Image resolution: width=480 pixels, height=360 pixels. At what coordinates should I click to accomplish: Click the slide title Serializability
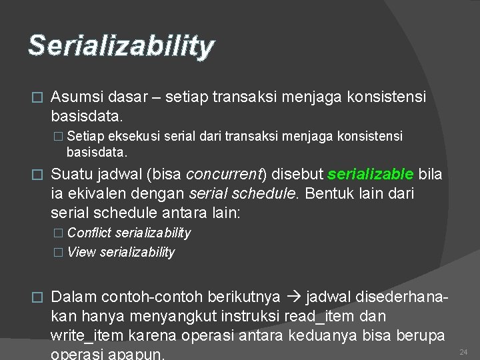point(121,46)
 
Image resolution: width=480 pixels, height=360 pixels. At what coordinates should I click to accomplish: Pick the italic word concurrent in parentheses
point(225,175)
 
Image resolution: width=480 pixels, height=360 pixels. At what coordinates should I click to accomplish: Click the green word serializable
point(370,175)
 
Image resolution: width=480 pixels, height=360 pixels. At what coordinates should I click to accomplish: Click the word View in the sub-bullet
point(81,252)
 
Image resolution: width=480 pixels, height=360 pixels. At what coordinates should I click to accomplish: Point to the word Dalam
point(73,296)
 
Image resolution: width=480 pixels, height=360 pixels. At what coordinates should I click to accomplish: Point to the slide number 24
point(465,351)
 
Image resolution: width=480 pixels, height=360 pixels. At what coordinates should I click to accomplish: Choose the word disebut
point(297,175)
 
